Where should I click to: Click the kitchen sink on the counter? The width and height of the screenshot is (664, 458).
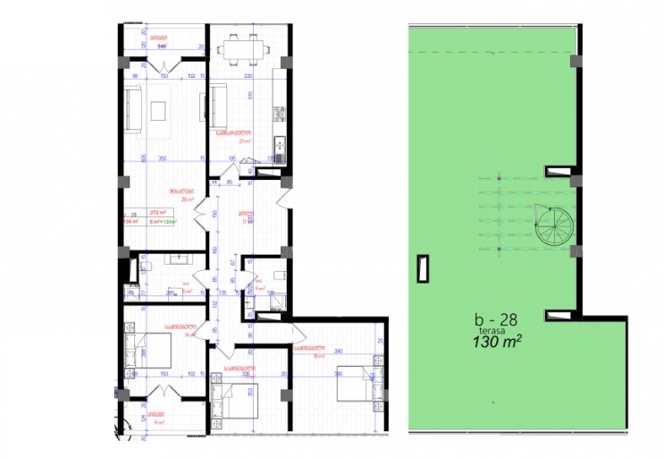(279, 143)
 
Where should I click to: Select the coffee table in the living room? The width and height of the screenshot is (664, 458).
(161, 109)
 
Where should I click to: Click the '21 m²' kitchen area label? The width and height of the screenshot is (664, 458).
(243, 140)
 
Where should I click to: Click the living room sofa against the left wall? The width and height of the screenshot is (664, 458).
(131, 109)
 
